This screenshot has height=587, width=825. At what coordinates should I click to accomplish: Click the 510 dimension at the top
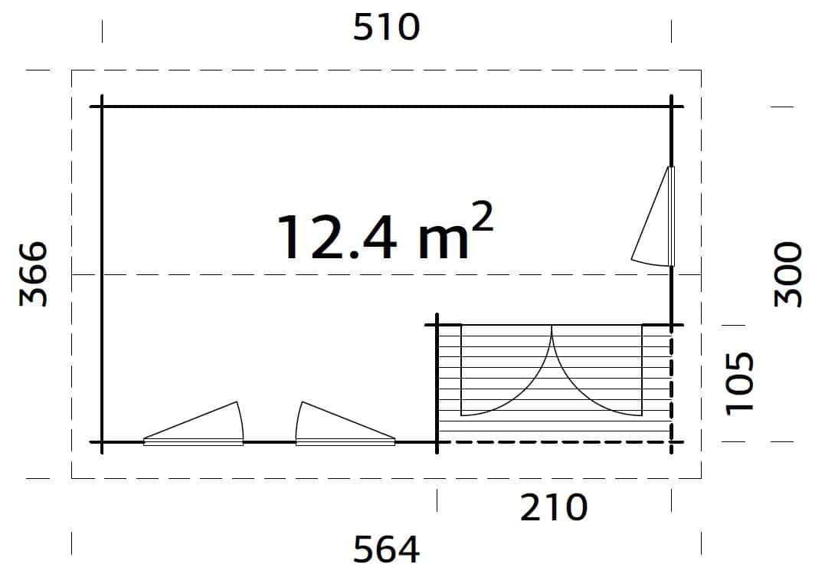387,28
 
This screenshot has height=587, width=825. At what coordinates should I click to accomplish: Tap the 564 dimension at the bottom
387,549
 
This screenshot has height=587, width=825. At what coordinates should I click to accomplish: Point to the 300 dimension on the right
788,274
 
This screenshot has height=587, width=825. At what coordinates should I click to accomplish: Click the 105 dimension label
741,382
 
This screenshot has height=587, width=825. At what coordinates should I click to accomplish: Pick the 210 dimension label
554,507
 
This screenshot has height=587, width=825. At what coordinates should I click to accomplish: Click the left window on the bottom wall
195,429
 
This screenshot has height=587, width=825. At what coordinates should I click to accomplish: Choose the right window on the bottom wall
345,429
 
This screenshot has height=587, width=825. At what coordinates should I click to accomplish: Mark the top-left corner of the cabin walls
102,107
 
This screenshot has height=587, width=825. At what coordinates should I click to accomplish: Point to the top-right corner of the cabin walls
672,107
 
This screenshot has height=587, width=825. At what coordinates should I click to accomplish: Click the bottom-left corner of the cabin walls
102,442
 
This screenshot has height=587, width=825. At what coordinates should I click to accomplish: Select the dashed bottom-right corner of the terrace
672,442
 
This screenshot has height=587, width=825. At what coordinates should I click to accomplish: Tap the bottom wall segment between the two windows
270,442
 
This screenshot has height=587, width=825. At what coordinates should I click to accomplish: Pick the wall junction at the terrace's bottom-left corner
437,442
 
